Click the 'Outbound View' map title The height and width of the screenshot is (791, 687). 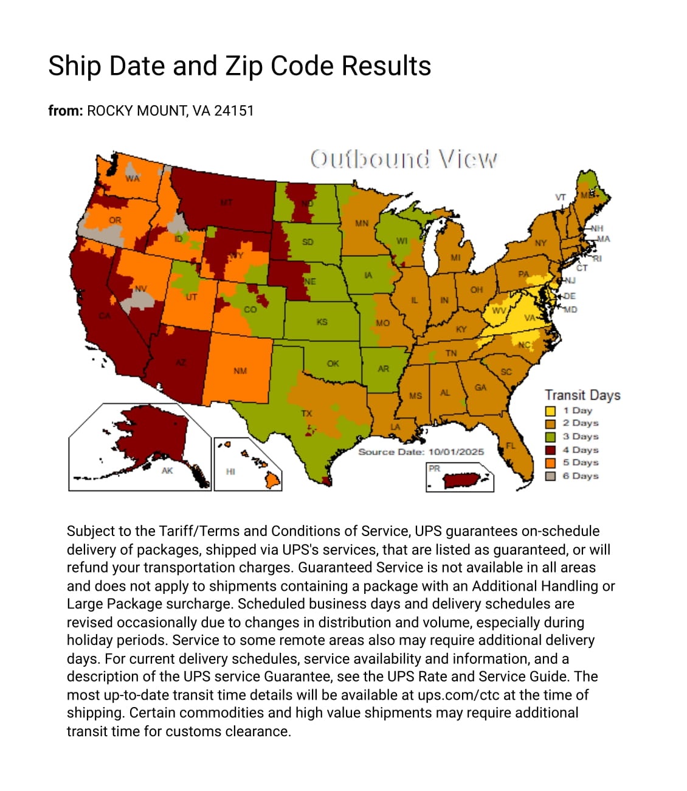tap(403, 159)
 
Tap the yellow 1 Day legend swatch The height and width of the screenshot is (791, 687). tap(550, 411)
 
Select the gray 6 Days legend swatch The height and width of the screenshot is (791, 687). tap(550, 476)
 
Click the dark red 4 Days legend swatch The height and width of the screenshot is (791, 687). tap(550, 450)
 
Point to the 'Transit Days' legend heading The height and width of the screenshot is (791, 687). tap(582, 395)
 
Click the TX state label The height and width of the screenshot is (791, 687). tap(306, 413)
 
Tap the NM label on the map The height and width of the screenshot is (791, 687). tap(240, 371)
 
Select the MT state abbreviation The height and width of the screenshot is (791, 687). tap(226, 202)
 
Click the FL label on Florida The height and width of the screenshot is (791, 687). tap(511, 445)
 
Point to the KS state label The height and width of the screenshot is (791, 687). tap(322, 322)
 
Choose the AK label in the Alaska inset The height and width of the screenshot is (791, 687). tap(167, 470)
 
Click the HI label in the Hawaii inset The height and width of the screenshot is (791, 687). tap(230, 471)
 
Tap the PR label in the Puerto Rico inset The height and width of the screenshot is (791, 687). tap(434, 468)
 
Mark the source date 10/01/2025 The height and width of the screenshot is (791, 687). tap(456, 452)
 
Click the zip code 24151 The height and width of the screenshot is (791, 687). tap(234, 111)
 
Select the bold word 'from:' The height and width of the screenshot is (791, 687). tap(65, 111)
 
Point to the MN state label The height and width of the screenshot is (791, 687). tap(362, 223)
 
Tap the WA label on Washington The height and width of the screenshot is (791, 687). tap(132, 178)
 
